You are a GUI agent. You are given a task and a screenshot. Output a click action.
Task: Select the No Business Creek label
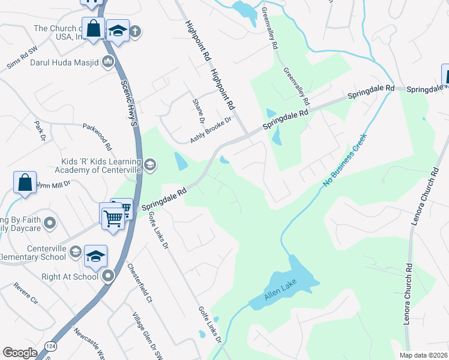point(345,160)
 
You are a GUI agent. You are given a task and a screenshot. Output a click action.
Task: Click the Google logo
point(20,353)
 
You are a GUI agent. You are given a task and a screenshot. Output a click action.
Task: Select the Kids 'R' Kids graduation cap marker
point(149,164)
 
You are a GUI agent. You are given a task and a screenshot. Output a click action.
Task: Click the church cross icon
point(135,32)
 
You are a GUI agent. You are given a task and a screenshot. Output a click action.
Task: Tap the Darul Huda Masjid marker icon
point(109,61)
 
